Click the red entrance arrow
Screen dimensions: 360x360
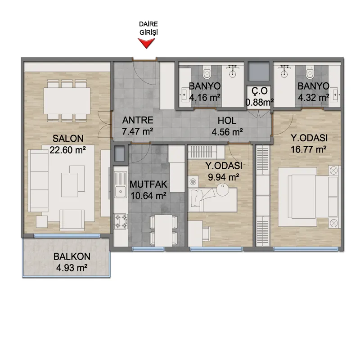146,43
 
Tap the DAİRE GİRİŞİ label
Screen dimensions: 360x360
148,28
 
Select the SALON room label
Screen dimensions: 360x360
68,139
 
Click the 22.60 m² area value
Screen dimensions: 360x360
68,150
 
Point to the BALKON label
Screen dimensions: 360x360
72,256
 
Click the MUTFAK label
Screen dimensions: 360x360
148,184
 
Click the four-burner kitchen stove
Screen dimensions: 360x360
121,221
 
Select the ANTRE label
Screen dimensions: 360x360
138,120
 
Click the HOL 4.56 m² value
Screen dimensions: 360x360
227,132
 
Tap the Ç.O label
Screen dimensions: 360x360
260,91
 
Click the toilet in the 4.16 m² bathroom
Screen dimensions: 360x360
207,72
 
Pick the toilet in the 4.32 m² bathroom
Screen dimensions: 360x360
310,72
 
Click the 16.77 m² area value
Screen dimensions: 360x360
309,149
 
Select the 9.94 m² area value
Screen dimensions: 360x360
223,177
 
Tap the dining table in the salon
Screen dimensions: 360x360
67,100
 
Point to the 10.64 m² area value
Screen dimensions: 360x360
148,196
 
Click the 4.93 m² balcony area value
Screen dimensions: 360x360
72,268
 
